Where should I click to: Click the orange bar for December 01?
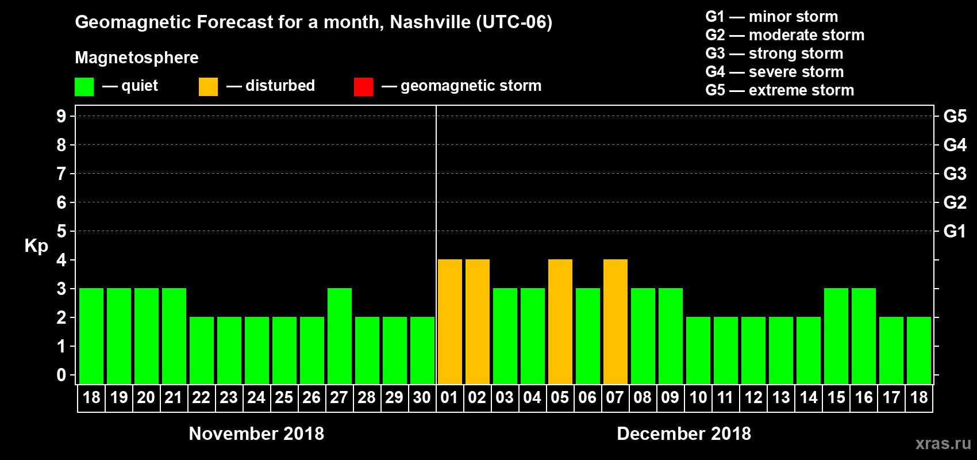(449, 321)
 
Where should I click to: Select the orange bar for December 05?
(560, 321)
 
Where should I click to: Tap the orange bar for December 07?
(615, 321)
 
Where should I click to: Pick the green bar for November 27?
(339, 336)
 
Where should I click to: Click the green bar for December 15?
(836, 336)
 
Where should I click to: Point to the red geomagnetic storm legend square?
(363, 87)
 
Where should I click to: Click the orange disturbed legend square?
(208, 87)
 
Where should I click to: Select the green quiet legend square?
(84, 87)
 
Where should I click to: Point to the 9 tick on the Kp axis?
(61, 116)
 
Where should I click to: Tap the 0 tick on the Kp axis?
(61, 375)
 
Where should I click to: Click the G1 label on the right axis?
(955, 231)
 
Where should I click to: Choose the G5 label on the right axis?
(955, 116)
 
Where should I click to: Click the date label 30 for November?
(422, 397)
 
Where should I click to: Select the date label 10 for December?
(698, 397)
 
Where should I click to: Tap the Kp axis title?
(36, 246)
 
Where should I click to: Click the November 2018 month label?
(256, 434)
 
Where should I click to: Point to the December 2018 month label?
(684, 434)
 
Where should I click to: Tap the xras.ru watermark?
(943, 443)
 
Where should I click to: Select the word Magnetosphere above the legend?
(137, 57)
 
